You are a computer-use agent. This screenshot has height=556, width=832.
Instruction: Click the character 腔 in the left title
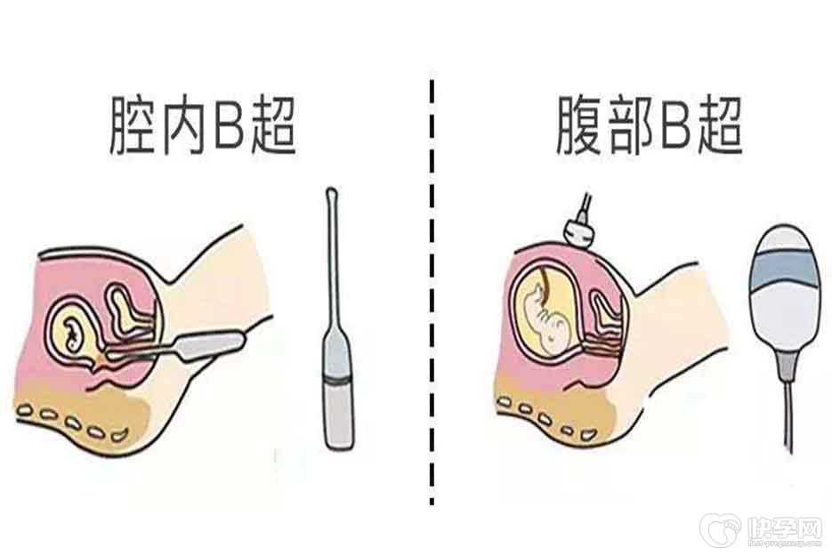click(133, 125)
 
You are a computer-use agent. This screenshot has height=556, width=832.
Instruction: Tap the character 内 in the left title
click(183, 125)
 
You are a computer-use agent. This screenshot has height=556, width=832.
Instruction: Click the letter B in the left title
click(229, 125)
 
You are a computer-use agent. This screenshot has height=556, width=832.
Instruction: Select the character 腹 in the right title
click(580, 125)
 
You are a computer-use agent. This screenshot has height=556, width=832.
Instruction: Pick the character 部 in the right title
click(630, 125)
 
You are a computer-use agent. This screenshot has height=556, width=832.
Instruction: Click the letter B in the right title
click(675, 125)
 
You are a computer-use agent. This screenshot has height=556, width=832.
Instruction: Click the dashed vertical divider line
click(432, 292)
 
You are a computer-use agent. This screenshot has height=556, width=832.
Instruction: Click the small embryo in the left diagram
click(73, 334)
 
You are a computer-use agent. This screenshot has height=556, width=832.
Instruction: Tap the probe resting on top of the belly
click(582, 224)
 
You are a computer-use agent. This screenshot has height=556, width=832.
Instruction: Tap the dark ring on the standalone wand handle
click(339, 380)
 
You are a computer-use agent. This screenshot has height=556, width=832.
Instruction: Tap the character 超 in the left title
click(272, 125)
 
